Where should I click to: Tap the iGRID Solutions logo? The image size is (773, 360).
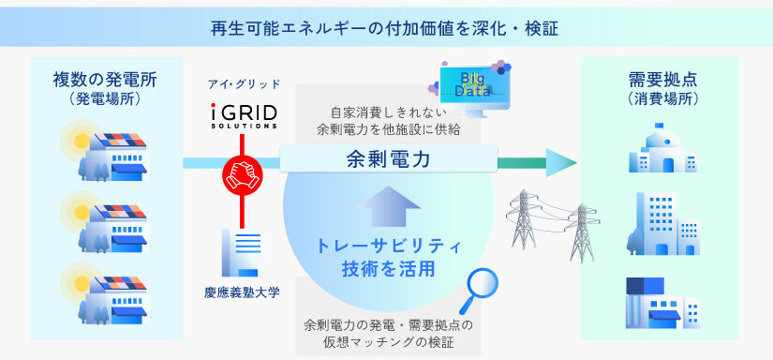[x=242, y=115]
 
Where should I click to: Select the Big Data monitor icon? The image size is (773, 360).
[x=473, y=90]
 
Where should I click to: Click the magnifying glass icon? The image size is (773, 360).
[x=478, y=291]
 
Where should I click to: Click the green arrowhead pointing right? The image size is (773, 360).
[x=561, y=163]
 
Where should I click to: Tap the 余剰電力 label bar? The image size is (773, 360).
[x=389, y=158]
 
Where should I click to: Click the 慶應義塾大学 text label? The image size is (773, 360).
[x=242, y=292]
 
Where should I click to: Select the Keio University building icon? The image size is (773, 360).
[x=241, y=252]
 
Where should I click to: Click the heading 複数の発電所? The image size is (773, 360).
[x=105, y=81]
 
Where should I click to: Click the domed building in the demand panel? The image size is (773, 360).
[x=663, y=147]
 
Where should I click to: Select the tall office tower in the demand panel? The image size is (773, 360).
[x=663, y=223]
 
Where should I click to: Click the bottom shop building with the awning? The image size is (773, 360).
[x=663, y=303]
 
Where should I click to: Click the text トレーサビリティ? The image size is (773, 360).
[x=389, y=247]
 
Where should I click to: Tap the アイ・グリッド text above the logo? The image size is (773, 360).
[x=243, y=83]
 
